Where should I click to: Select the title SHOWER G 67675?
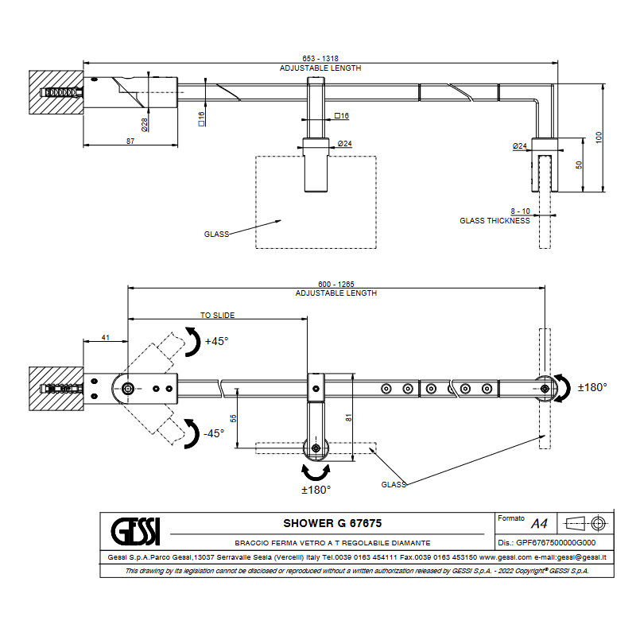point(332,523)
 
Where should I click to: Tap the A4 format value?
point(539,523)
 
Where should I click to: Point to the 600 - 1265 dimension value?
point(335,284)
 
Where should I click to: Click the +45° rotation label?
point(216,341)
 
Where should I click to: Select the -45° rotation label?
point(212,433)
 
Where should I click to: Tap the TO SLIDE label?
point(217,315)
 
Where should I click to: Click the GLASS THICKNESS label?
point(494,220)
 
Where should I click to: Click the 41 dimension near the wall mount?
point(106,338)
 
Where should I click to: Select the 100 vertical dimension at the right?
point(599,137)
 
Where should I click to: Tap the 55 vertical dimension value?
point(233,417)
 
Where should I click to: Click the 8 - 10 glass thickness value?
point(522,211)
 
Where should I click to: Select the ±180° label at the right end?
point(592,387)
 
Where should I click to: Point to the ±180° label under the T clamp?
point(316,490)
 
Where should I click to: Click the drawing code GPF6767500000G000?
point(556,542)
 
